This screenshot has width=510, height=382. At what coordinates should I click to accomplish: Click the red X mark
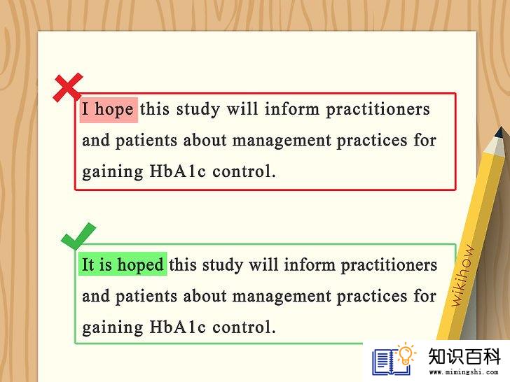(x=68, y=87)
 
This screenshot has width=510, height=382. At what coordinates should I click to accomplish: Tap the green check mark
(x=78, y=236)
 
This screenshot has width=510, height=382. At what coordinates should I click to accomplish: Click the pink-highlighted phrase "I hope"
(x=109, y=109)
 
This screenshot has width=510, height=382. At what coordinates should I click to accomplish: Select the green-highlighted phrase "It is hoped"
(x=123, y=264)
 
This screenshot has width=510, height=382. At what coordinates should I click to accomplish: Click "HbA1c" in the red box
(x=178, y=171)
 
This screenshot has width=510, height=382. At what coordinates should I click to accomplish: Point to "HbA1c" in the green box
(x=178, y=327)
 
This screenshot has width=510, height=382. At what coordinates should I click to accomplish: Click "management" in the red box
(x=282, y=141)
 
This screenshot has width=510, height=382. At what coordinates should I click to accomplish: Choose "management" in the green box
(x=282, y=296)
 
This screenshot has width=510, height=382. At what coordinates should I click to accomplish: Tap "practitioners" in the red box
(x=378, y=109)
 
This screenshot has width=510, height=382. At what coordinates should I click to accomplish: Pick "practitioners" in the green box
(x=389, y=265)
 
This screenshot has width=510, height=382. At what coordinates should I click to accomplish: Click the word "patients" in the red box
(x=146, y=141)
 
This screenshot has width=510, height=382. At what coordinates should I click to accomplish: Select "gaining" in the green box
(x=113, y=327)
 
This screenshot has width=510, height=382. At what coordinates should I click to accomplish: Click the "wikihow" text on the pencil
(x=463, y=276)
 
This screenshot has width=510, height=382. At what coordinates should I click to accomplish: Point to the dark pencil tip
(x=500, y=132)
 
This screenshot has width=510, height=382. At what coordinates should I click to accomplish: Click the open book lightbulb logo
(x=394, y=359)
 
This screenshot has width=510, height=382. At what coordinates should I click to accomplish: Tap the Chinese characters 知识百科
(x=464, y=356)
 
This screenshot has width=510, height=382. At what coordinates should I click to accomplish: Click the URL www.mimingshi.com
(x=464, y=372)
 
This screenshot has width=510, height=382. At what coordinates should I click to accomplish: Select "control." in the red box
(x=244, y=171)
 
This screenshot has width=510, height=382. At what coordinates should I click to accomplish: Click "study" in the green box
(x=223, y=265)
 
